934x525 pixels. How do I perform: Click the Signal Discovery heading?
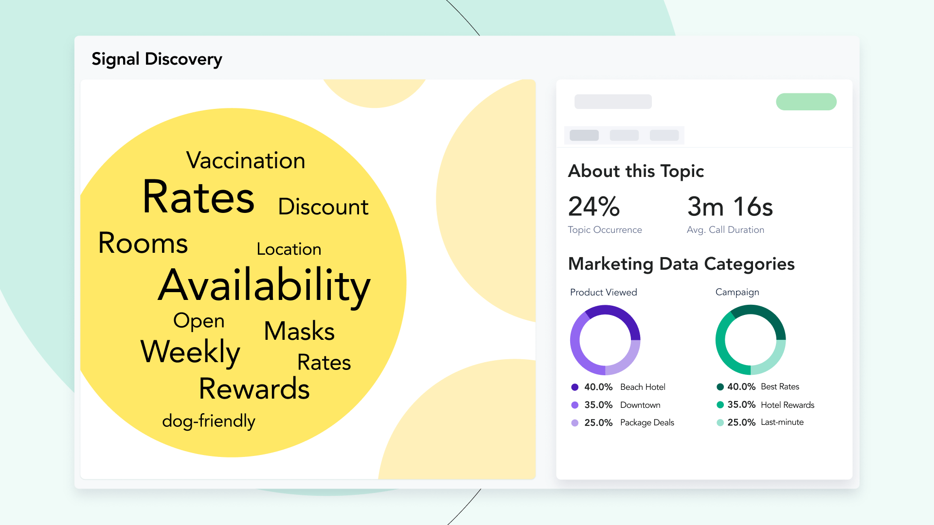pyautogui.click(x=157, y=59)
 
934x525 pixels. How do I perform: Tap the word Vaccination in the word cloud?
pyautogui.click(x=246, y=160)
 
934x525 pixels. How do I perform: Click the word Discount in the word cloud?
pyautogui.click(x=323, y=207)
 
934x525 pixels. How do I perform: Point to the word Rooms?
pyautogui.click(x=143, y=243)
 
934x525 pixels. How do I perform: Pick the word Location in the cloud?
pyautogui.click(x=289, y=249)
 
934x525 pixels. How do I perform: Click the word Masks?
pyautogui.click(x=299, y=331)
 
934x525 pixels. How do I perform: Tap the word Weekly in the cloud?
pyautogui.click(x=190, y=352)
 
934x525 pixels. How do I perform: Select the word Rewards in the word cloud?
pyautogui.click(x=254, y=389)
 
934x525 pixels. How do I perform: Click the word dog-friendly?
pyautogui.click(x=209, y=421)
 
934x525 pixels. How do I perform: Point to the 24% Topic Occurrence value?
pyautogui.click(x=594, y=207)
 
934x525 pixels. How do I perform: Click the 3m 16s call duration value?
pyautogui.click(x=730, y=207)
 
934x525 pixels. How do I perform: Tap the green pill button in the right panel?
pyautogui.click(x=806, y=102)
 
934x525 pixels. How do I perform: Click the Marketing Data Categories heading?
pyautogui.click(x=681, y=264)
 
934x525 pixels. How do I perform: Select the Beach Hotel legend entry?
pyautogui.click(x=642, y=387)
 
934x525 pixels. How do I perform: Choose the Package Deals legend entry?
pyautogui.click(x=647, y=422)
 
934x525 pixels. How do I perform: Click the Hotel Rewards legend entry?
pyautogui.click(x=787, y=405)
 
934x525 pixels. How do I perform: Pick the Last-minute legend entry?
pyautogui.click(x=782, y=422)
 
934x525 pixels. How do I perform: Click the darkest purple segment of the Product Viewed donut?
pyautogui.click(x=623, y=316)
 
